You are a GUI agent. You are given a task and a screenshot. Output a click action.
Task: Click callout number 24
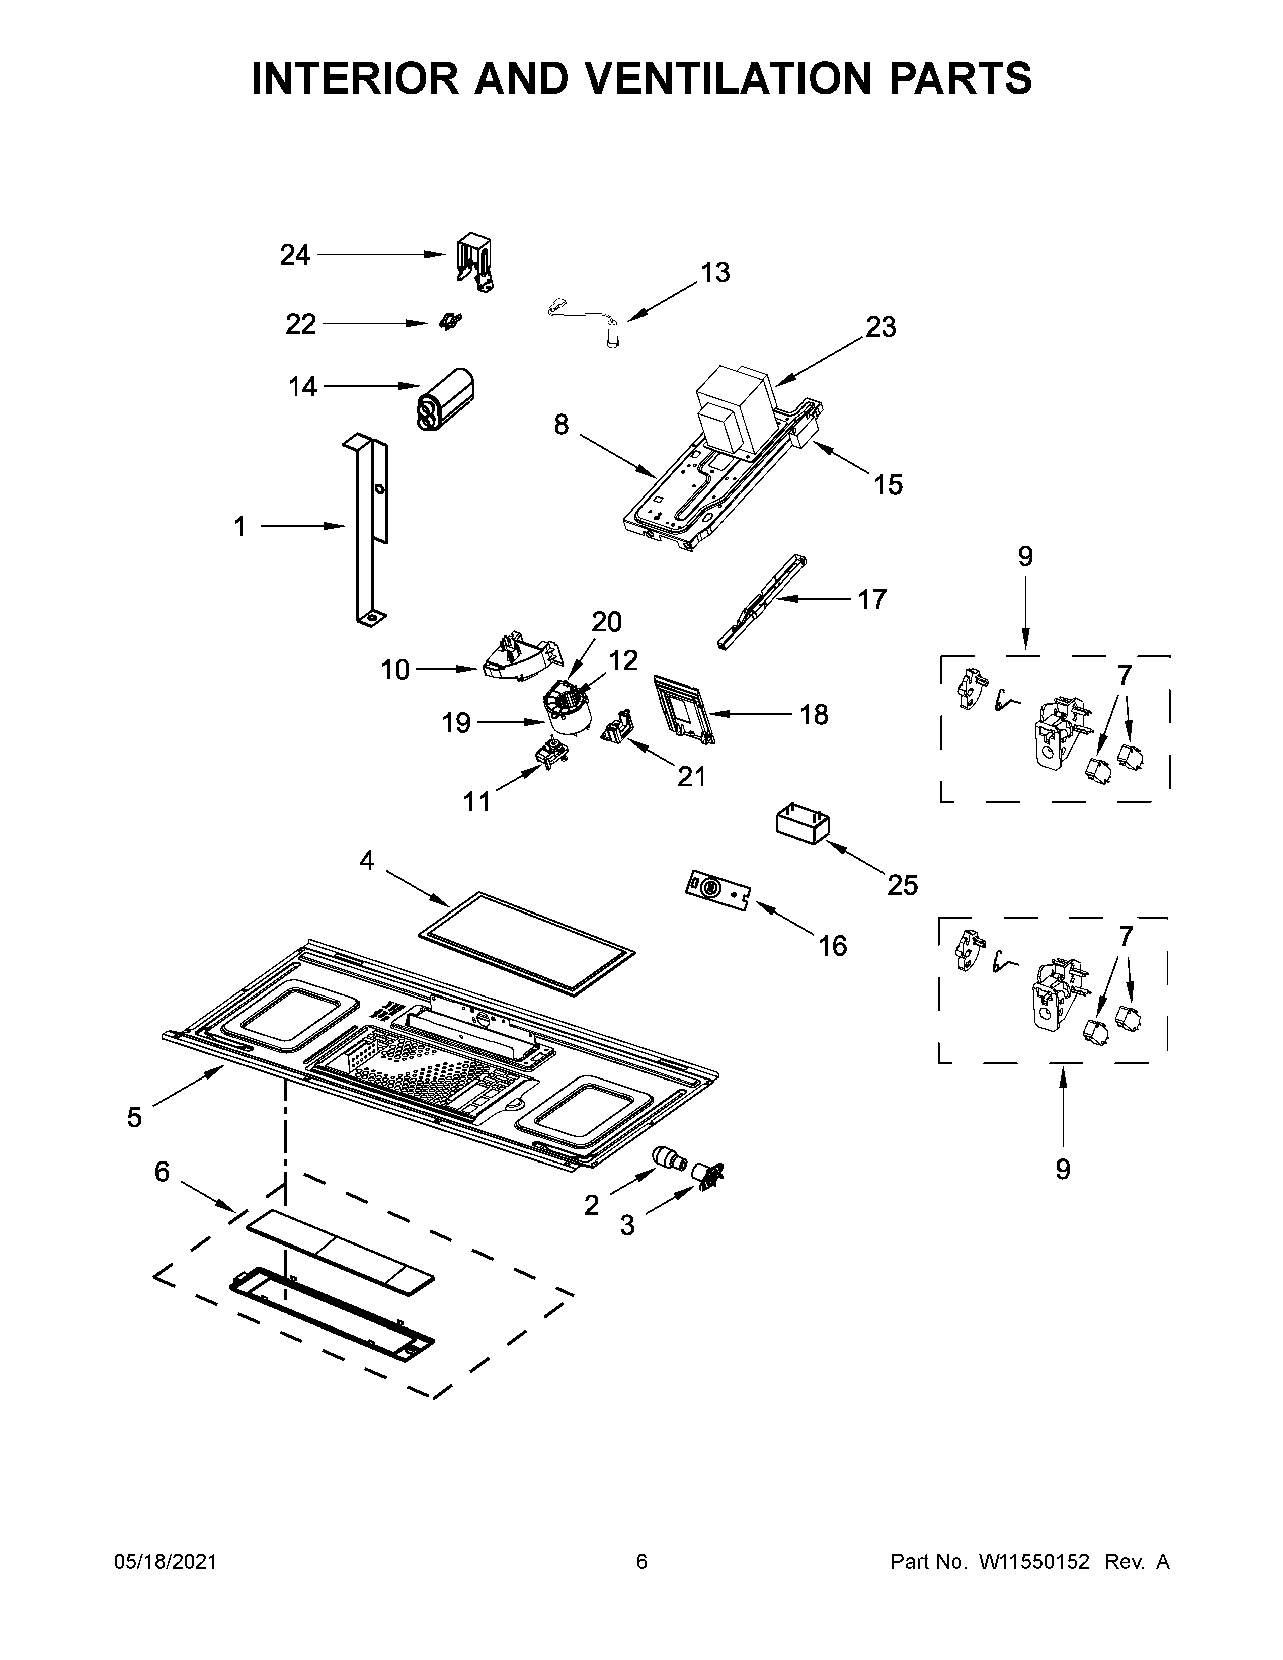tap(294, 255)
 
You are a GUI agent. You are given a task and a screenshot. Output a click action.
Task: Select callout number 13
tap(714, 272)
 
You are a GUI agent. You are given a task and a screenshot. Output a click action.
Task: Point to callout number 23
tap(880, 327)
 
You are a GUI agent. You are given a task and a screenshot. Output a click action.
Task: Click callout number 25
tap(902, 885)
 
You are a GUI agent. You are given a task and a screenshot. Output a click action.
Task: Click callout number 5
tap(134, 1117)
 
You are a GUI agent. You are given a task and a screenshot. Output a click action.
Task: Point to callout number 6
tap(162, 1171)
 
